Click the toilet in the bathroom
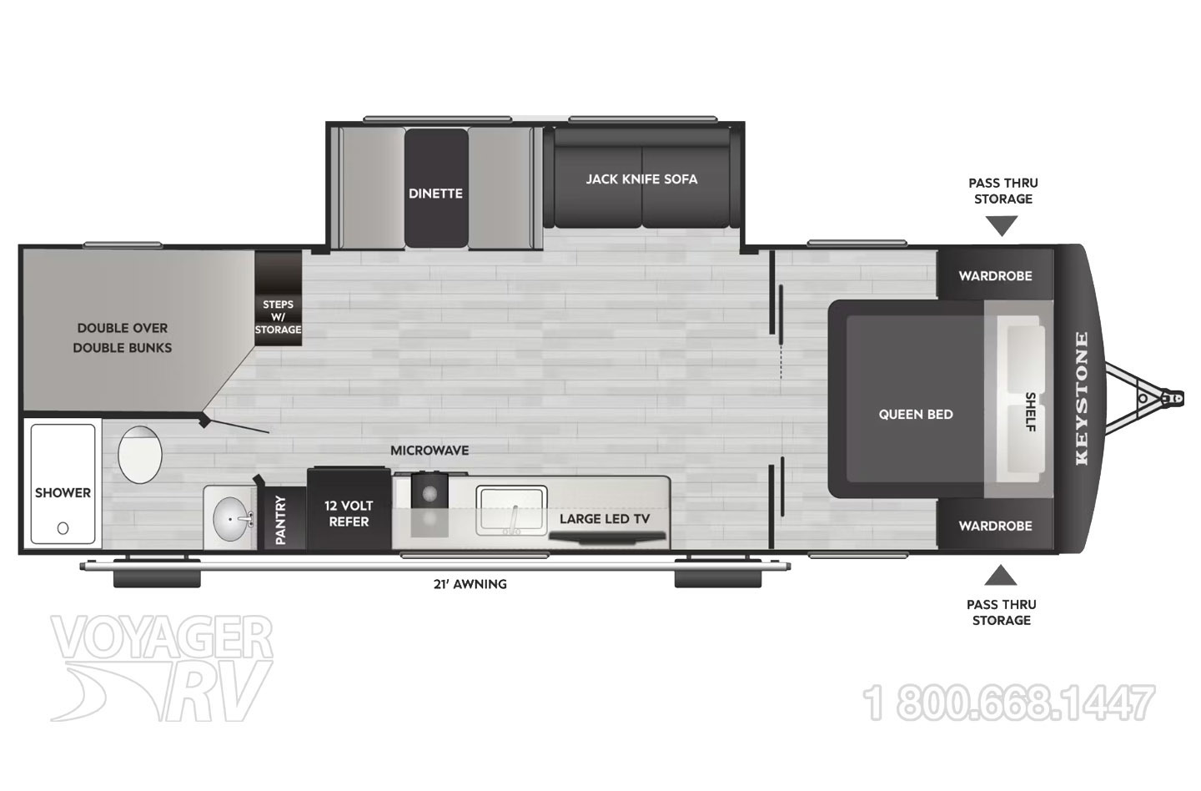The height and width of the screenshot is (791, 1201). click(140, 455)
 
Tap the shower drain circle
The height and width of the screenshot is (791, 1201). click(63, 528)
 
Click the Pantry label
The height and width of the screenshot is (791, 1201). click(280, 520)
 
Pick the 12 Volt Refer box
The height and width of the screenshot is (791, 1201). click(349, 508)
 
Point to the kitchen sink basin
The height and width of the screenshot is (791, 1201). click(512, 510)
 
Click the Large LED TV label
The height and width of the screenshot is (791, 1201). click(604, 519)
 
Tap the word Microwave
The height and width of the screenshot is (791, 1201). click(430, 451)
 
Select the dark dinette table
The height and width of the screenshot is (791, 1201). click(436, 188)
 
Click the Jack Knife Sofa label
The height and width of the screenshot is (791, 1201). click(641, 179)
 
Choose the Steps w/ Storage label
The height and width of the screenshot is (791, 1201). click(278, 317)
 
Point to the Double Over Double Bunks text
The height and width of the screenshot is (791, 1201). click(123, 338)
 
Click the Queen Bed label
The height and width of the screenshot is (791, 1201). click(916, 415)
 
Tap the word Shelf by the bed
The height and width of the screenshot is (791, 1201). click(1030, 411)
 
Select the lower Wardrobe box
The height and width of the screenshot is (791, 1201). click(995, 525)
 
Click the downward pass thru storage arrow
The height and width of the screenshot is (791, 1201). click(1001, 225)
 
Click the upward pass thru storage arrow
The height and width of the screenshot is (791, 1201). click(1001, 575)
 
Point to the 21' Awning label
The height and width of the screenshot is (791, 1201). click(470, 584)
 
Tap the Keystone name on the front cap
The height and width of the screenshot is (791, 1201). click(1082, 399)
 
